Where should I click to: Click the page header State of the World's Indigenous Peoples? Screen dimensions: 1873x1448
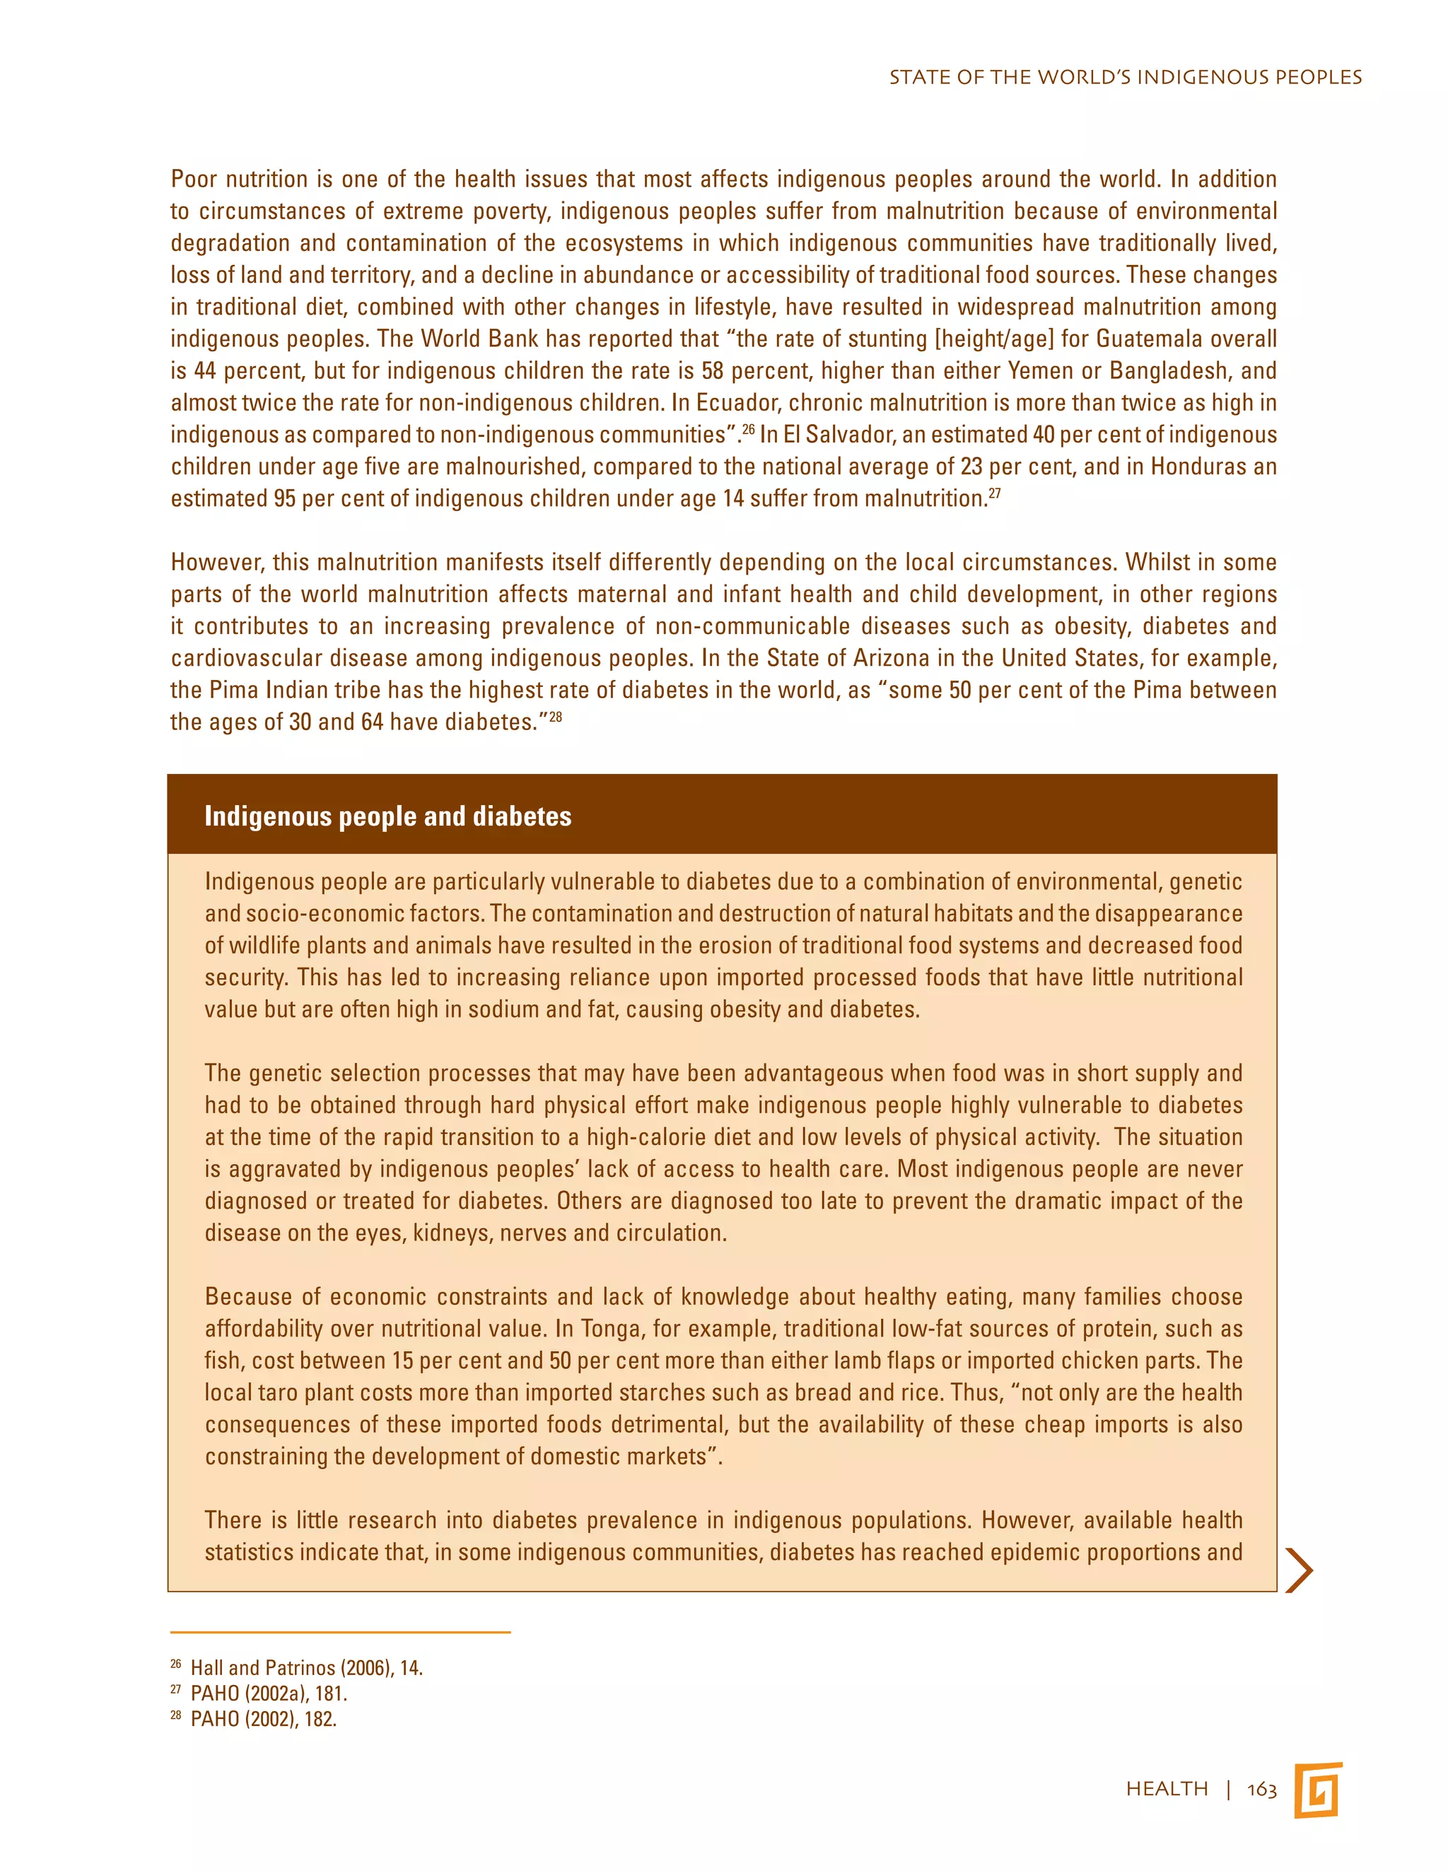pyautogui.click(x=1125, y=77)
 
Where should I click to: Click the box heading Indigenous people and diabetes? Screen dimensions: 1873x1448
pyautogui.click(x=387, y=816)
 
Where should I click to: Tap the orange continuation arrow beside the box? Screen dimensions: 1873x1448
pyautogui.click(x=1300, y=1570)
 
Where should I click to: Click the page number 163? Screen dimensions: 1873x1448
pyautogui.click(x=1262, y=1789)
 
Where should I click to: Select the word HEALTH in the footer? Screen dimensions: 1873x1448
pyautogui.click(x=1167, y=1789)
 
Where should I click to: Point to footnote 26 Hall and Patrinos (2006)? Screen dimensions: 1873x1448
pyautogui.click(x=306, y=1668)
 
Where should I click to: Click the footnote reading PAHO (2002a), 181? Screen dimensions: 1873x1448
pyautogui.click(x=269, y=1693)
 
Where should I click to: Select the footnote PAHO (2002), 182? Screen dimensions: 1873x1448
pyautogui.click(x=263, y=1720)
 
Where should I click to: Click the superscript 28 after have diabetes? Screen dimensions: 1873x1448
pyautogui.click(x=555, y=716)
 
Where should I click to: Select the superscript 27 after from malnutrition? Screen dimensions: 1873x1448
pyautogui.click(x=994, y=493)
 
